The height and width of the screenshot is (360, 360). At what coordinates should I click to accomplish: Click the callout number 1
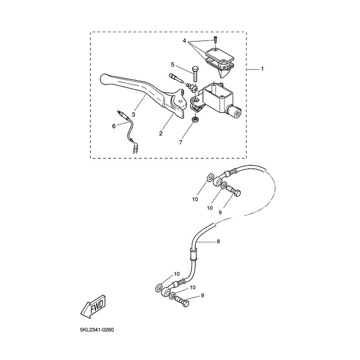point(262,69)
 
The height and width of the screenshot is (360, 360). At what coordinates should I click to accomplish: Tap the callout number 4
point(184,41)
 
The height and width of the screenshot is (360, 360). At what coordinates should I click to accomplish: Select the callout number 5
point(173,65)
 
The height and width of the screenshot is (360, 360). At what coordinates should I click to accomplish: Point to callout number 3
point(134,114)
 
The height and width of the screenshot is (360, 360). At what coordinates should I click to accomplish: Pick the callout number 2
point(161,133)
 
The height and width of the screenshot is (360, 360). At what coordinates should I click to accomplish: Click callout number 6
point(114,126)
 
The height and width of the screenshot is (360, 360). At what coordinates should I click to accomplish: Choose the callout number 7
point(181,143)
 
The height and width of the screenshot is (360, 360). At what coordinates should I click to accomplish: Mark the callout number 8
point(218,241)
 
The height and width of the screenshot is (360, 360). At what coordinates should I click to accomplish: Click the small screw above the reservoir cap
point(215,39)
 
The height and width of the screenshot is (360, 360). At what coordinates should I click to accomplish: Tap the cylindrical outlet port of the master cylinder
point(234,111)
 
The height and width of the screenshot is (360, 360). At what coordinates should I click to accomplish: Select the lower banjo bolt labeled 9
point(182,301)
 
